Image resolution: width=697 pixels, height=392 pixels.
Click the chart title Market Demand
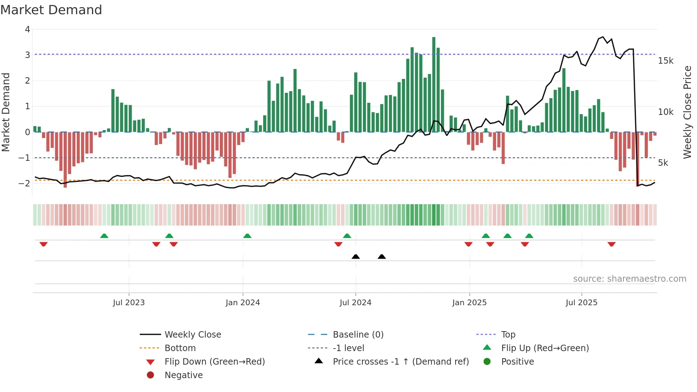(51, 10)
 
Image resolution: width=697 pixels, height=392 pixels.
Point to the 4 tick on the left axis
(27, 30)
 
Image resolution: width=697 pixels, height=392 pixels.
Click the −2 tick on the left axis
(24, 184)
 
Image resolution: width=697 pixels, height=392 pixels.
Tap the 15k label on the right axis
(665, 61)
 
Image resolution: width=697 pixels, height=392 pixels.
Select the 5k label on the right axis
(663, 163)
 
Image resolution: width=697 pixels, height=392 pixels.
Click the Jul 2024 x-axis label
(355, 303)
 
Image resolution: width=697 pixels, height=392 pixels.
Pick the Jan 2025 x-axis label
(469, 303)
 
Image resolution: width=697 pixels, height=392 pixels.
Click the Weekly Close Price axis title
(687, 112)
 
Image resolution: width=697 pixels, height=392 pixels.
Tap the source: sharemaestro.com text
(629, 279)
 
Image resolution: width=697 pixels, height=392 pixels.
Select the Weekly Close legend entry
(192, 335)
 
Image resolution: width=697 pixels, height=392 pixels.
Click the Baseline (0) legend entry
(358, 335)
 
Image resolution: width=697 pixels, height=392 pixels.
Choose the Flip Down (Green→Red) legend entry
(214, 362)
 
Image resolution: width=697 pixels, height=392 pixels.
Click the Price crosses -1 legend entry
(400, 362)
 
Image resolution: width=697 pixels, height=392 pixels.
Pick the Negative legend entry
(183, 375)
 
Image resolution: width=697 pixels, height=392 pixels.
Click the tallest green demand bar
(433, 85)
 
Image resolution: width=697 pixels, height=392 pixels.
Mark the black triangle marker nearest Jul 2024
(356, 256)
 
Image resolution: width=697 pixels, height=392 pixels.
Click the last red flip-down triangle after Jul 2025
(611, 244)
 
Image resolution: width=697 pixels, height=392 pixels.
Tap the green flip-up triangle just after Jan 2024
(247, 236)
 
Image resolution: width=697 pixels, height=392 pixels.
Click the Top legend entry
(508, 335)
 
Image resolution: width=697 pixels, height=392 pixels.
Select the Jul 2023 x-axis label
(129, 303)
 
